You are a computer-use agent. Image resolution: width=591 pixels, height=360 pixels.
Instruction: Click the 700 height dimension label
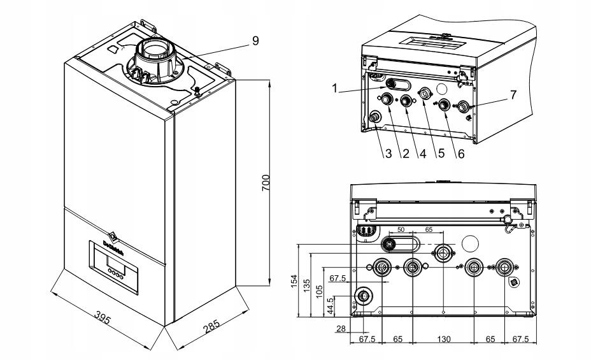click(x=267, y=183)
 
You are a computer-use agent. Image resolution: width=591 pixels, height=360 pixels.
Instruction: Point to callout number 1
click(x=334, y=89)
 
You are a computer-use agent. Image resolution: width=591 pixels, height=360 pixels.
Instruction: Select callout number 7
click(x=513, y=94)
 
